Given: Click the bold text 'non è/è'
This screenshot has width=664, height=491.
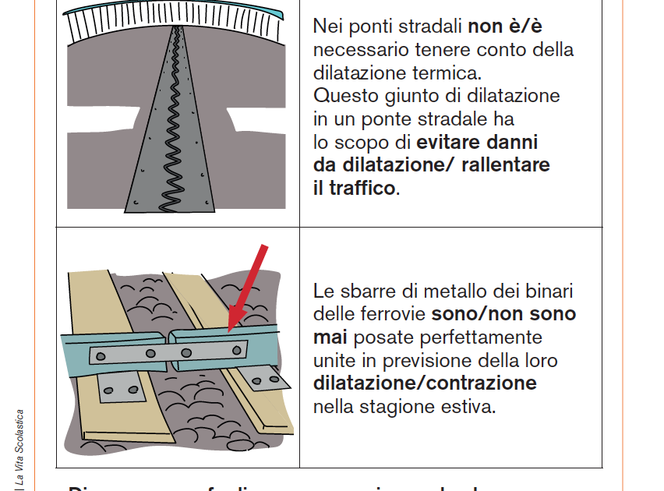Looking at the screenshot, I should [x=504, y=26].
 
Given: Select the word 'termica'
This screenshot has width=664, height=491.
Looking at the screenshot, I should [x=447, y=73].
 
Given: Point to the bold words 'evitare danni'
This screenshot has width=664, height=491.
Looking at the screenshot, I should [x=477, y=143].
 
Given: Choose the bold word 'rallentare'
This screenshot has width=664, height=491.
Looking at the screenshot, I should [x=506, y=165].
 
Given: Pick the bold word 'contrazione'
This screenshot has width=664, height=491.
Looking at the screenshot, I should [x=482, y=383].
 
